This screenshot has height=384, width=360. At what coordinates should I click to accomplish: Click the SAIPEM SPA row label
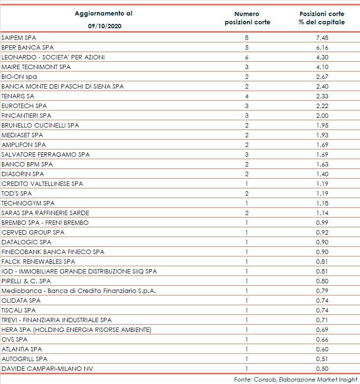point(19,37)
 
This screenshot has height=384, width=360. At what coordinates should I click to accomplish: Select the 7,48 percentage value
point(322,37)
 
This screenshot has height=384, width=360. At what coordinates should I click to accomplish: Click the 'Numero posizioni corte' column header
point(247,18)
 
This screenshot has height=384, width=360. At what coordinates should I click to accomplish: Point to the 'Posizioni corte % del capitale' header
point(322,18)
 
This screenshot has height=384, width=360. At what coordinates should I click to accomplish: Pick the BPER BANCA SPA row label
point(27,47)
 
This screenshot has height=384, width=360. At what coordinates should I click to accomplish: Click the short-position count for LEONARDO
point(247,57)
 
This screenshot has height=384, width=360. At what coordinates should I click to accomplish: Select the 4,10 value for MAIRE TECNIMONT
point(322,67)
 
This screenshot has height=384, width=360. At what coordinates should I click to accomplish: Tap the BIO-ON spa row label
point(19,76)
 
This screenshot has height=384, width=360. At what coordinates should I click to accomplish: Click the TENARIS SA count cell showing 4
point(247,96)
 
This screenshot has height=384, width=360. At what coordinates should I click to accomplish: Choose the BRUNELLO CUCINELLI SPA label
point(40,125)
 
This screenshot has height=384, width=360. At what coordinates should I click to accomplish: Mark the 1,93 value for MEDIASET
point(322,135)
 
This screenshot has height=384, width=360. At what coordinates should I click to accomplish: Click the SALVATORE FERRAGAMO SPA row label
point(46,154)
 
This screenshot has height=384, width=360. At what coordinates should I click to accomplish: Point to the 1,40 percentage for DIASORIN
point(322,174)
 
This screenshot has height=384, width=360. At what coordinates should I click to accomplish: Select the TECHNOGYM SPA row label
point(28,203)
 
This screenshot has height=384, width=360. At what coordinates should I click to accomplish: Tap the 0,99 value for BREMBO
point(322,222)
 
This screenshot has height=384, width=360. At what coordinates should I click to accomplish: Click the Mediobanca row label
point(86,291)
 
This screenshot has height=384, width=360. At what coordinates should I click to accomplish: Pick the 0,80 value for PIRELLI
point(322,281)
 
